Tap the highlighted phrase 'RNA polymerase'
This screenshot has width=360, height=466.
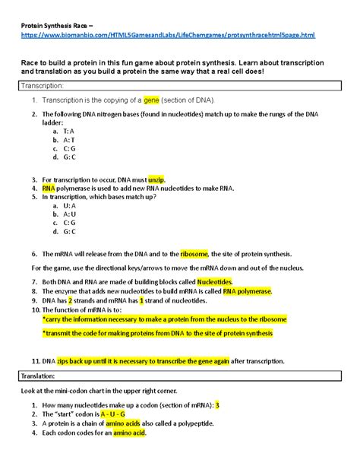(248, 291)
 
